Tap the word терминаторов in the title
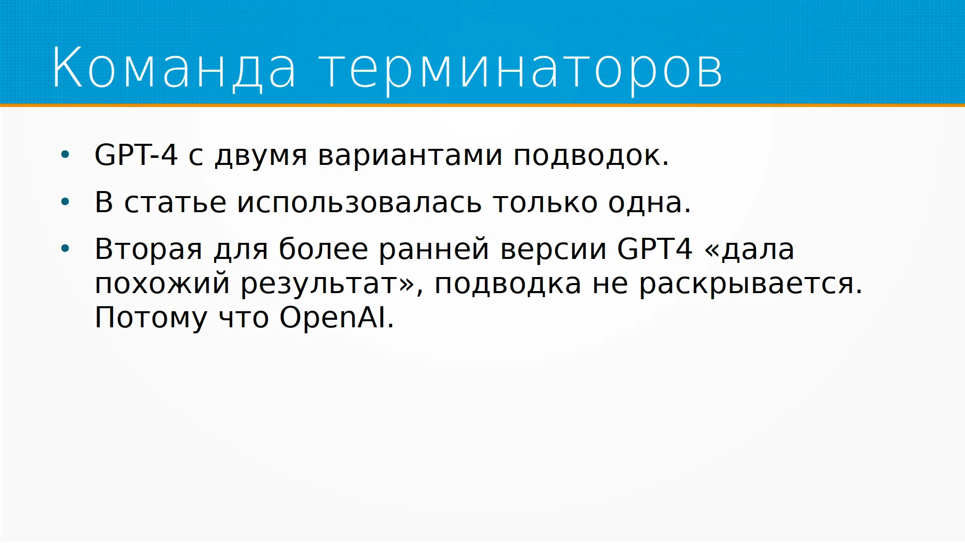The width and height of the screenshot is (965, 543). pyautogui.click(x=521, y=70)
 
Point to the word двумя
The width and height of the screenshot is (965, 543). pyautogui.click(x=261, y=157)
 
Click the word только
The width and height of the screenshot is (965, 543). pyautogui.click(x=545, y=203)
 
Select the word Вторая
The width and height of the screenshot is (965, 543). pyautogui.click(x=149, y=250)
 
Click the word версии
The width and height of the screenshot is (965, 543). pyautogui.click(x=553, y=250)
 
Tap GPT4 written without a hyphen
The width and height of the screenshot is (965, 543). pyautogui.click(x=654, y=248)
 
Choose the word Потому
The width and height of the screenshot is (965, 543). pyautogui.click(x=151, y=318)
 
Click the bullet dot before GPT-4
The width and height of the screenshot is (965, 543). pyautogui.click(x=65, y=155)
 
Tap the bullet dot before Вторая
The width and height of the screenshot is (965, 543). pyautogui.click(x=65, y=249)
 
